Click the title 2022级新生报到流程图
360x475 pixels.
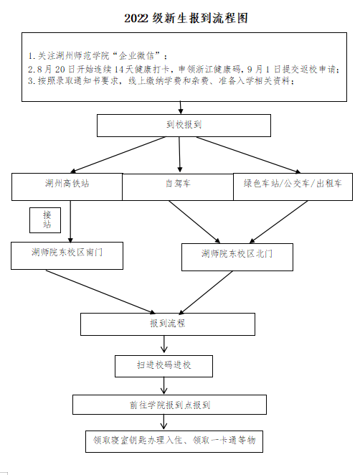click(186, 18)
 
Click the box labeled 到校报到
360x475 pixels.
click(184, 126)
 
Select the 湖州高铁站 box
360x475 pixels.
click(67, 187)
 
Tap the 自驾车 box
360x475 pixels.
click(178, 187)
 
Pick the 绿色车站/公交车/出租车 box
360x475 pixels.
click(293, 187)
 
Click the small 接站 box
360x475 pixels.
click(45, 220)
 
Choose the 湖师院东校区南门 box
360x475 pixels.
click(67, 255)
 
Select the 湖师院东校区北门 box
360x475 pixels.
click(237, 257)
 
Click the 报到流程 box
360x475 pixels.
click(168, 324)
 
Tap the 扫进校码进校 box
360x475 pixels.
click(164, 366)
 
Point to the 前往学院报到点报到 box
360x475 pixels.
click(169, 405)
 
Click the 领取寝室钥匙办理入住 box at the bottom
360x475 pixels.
click(174, 441)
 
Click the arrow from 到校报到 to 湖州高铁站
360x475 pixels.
click(118, 154)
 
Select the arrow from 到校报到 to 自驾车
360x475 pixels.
click(179, 154)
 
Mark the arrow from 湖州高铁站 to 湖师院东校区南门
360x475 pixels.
click(70, 222)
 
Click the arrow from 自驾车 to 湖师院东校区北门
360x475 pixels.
click(194, 222)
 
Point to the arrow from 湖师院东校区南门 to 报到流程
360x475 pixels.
click(100, 292)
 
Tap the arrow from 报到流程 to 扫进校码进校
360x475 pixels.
click(164, 344)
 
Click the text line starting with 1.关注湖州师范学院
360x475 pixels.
click(98, 56)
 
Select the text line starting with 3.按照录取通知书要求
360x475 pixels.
click(161, 81)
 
